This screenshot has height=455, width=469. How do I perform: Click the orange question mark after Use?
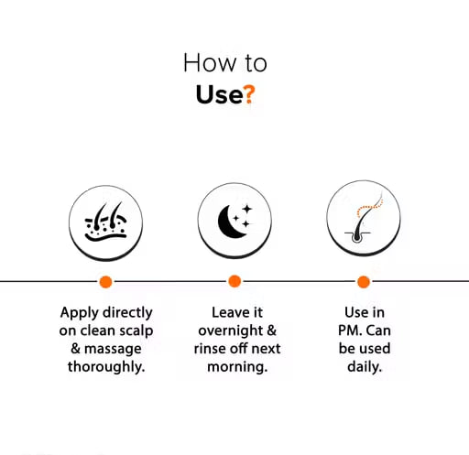(249, 94)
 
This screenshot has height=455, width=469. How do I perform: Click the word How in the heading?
(210, 63)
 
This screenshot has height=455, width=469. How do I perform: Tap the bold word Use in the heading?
(219, 94)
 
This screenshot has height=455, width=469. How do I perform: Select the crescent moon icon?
(231, 221)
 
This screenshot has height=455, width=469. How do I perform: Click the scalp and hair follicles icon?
(105, 222)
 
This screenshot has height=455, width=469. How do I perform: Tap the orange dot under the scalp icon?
(105, 281)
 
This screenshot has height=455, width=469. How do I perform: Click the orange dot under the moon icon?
(234, 281)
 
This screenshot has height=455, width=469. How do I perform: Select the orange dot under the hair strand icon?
(364, 281)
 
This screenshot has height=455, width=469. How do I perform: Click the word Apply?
(80, 313)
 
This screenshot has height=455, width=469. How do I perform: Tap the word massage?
(113, 349)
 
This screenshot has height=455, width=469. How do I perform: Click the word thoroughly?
(106, 367)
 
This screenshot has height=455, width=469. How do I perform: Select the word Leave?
(226, 312)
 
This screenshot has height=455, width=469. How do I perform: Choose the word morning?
(237, 367)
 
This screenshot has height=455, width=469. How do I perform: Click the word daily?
(365, 367)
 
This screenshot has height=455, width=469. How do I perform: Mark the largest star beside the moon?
(247, 209)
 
